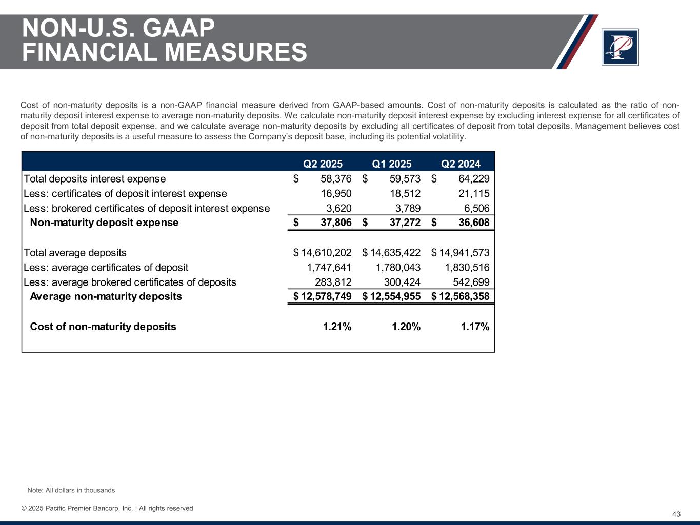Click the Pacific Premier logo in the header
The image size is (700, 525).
[620, 47]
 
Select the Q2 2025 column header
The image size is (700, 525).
[323, 164]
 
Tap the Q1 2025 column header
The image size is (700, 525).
[392, 164]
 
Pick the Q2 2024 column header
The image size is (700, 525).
[461, 164]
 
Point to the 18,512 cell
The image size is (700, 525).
[405, 194]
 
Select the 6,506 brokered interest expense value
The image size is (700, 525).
[476, 209]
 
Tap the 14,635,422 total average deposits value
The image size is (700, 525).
[395, 253]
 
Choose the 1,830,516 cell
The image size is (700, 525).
[467, 268]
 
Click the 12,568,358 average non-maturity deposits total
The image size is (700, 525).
[464, 296]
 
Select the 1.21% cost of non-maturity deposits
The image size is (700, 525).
[337, 327]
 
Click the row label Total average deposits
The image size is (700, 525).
[75, 253]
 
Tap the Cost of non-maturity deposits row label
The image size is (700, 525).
[103, 327]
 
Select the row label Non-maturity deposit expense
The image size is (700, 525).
[104, 223]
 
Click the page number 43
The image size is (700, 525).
[676, 514]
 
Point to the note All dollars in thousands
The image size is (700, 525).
[71, 490]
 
